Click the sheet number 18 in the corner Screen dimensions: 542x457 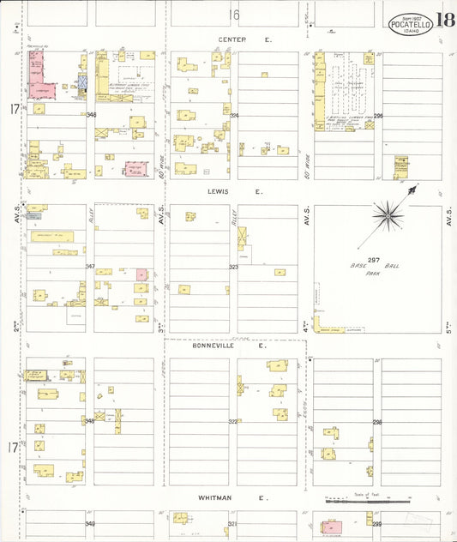pos(445,21)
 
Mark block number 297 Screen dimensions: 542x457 pos(373,260)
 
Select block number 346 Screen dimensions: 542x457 pos(91,114)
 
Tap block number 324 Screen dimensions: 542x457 pos(233,114)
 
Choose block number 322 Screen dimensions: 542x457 pos(232,421)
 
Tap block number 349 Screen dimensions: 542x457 pos(89,522)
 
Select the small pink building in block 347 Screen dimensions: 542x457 pos(141,274)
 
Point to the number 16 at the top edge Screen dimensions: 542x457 pos(233,15)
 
